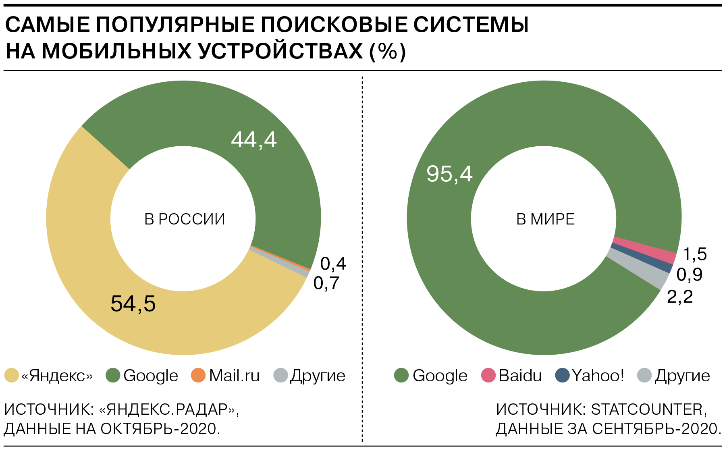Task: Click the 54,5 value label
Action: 133,303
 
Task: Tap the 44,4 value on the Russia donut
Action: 254,140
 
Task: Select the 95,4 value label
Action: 449,174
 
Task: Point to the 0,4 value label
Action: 333,264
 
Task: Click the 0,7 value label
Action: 326,283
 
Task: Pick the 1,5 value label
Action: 695,254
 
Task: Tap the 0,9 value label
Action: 690,275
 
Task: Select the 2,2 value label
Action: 680,297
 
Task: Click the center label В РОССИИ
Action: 185,219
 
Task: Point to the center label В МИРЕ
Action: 546,219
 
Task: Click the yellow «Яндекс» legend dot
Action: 12,375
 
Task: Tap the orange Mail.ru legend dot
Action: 198,375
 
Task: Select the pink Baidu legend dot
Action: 488,375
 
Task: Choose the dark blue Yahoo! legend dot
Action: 562,375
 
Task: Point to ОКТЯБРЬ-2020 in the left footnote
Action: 160,429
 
